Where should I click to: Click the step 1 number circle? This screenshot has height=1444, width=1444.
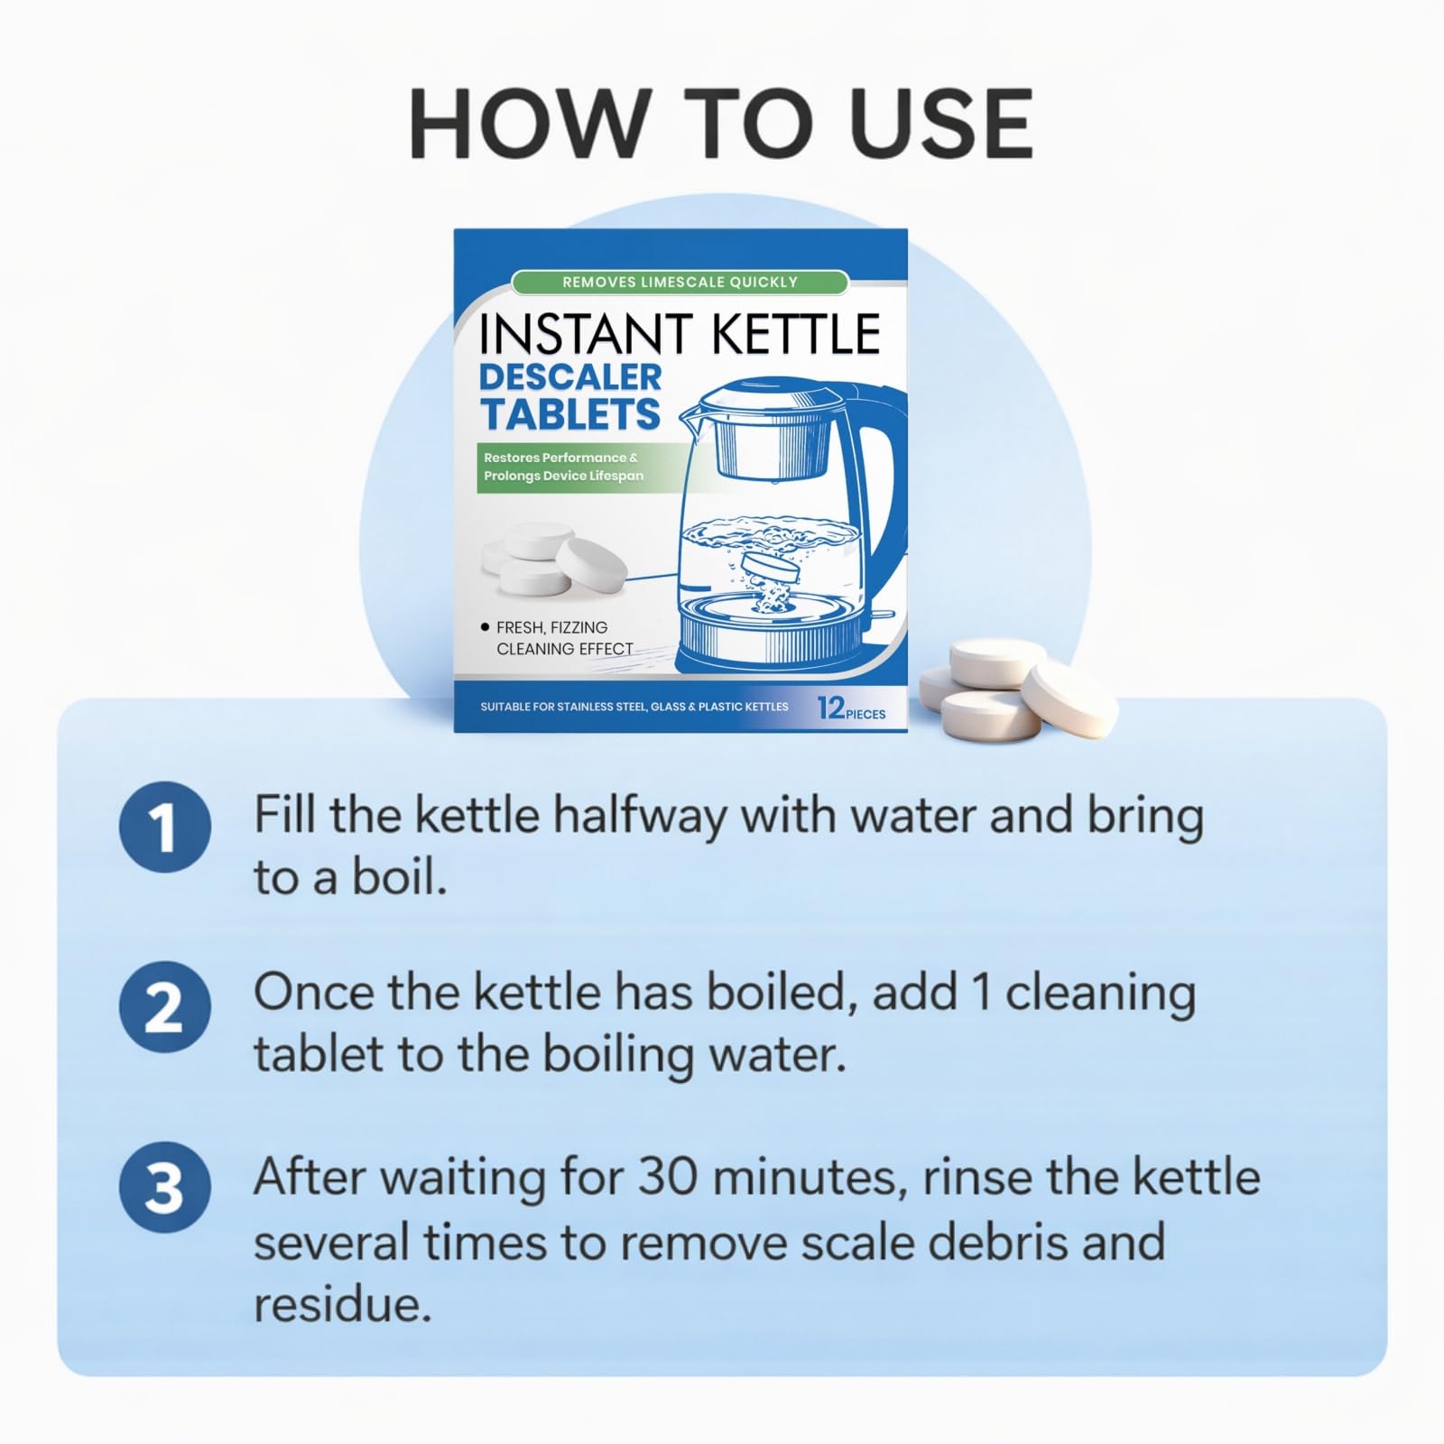(165, 827)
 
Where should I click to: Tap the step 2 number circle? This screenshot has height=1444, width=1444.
(165, 1006)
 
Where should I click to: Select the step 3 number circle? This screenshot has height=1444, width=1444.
(165, 1187)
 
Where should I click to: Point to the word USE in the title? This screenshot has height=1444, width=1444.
(941, 124)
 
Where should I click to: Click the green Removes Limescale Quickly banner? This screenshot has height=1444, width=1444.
(680, 282)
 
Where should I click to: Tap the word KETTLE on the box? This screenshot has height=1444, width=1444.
(795, 334)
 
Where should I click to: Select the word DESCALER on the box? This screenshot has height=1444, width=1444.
(570, 376)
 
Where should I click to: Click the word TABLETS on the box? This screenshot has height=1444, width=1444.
(570, 413)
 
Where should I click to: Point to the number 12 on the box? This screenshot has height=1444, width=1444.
(830, 707)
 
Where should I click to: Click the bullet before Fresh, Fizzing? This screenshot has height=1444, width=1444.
(486, 626)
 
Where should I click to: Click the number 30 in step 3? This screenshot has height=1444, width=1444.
(670, 1177)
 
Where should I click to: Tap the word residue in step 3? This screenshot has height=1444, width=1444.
(343, 1304)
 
